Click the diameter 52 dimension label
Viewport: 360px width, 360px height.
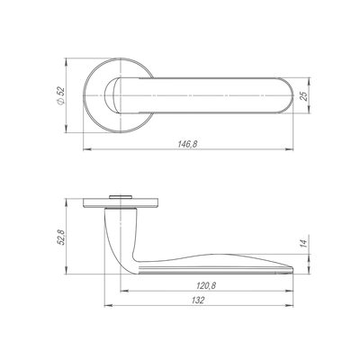coord(61,95)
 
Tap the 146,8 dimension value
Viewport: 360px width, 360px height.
coord(187,144)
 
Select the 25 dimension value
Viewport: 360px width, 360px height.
coord(304,95)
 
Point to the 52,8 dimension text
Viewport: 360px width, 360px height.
coord(61,237)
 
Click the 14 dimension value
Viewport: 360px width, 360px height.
coord(304,243)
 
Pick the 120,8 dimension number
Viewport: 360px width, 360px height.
coord(206,286)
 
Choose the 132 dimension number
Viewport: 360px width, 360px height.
coord(198,301)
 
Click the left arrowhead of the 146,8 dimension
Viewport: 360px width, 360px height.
coord(86,149)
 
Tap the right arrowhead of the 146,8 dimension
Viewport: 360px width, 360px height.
coord(289,149)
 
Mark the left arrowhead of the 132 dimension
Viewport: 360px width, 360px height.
coord(108,306)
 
